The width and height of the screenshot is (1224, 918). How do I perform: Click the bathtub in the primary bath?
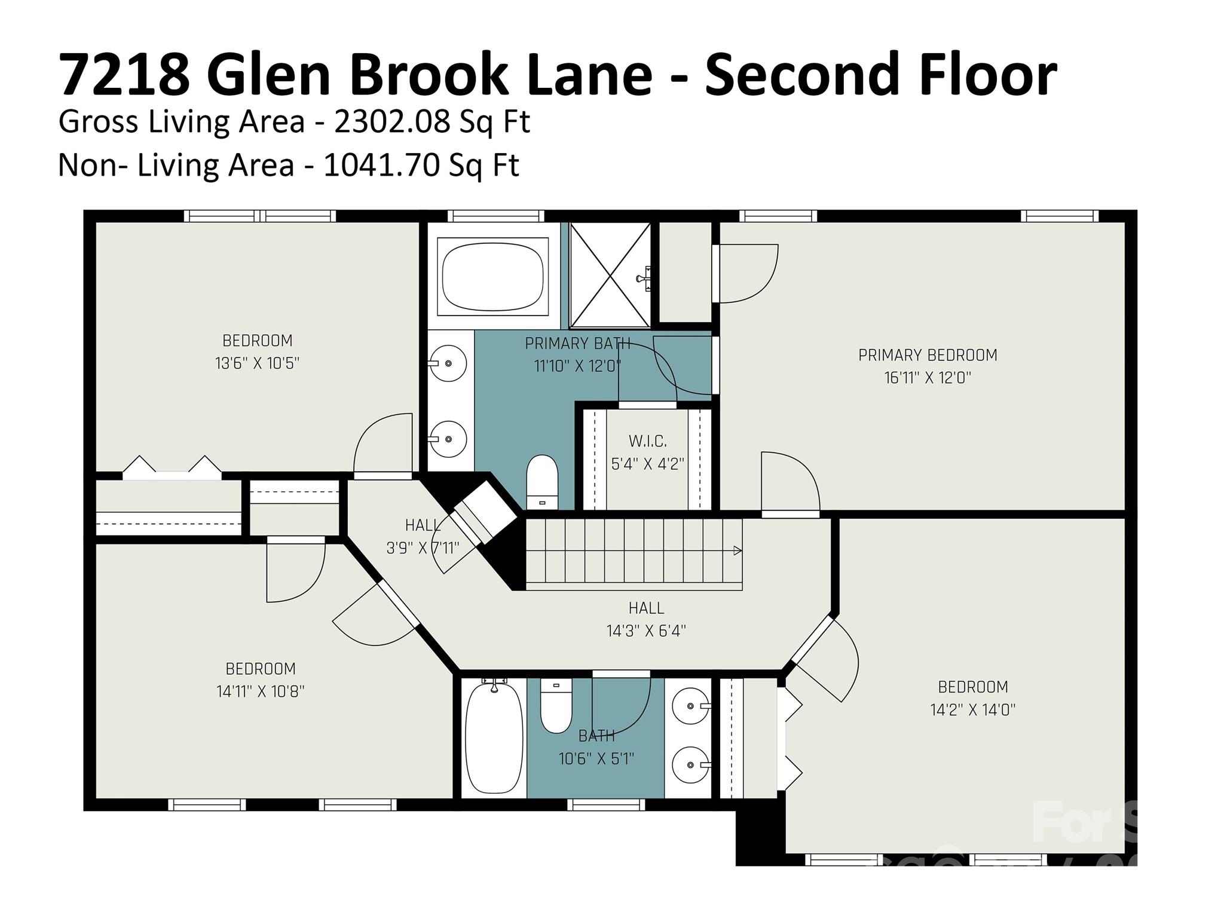pos(493,276)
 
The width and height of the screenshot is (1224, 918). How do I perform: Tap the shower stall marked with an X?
pos(610,275)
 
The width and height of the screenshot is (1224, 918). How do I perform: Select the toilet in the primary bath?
pos(541,482)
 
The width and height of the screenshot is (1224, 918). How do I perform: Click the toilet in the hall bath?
pos(556,705)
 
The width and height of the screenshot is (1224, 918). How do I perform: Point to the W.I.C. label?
pos(647,442)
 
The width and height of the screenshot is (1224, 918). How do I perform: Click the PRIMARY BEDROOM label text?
pos(928,355)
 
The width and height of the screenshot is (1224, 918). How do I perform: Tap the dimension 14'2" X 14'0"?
pos(972,710)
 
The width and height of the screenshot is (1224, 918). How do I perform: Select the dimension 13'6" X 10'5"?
pos(257,363)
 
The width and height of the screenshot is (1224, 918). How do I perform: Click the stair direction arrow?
pos(738,550)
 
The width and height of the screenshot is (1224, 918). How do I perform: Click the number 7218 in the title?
pos(124,75)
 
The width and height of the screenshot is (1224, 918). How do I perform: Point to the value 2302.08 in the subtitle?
pos(391,122)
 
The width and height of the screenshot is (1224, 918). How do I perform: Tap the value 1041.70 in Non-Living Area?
pos(381,166)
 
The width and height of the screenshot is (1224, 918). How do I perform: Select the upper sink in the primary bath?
pos(448,363)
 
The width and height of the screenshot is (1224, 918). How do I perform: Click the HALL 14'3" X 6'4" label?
pos(646,619)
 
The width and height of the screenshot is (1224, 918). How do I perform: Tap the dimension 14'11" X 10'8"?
pos(260,691)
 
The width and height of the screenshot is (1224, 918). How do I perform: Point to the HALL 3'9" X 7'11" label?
pos(423,537)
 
